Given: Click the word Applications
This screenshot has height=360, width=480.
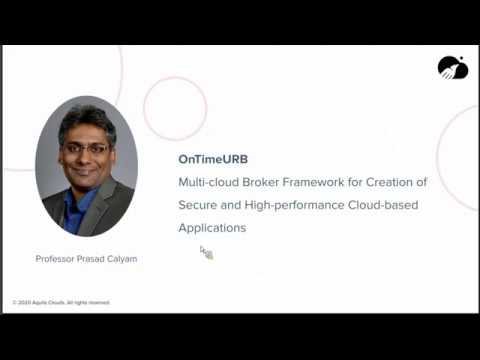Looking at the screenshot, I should [211, 228].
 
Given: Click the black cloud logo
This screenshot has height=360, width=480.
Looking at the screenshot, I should [452, 68].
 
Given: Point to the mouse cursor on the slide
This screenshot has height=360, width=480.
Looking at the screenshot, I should [205, 252].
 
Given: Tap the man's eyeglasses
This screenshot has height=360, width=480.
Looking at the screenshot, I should [88, 147].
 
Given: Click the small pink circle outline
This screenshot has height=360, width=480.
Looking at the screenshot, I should [175, 107].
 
